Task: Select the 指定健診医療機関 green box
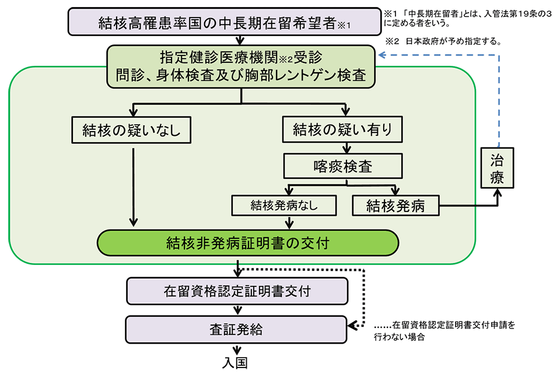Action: (240, 65)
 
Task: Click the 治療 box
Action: (497, 167)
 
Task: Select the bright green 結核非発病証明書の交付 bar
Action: (247, 242)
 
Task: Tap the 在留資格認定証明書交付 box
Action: (237, 290)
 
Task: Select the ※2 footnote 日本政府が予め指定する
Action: (443, 41)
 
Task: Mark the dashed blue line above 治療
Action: (498, 99)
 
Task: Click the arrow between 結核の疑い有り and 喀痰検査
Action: (346, 147)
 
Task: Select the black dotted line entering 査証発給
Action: (363, 297)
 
